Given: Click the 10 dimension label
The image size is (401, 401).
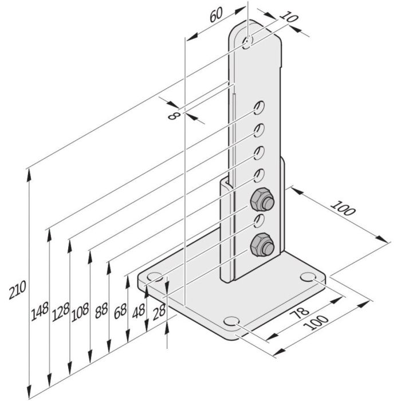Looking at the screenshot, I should [291, 18].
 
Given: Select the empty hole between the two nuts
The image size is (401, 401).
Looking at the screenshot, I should [258, 221].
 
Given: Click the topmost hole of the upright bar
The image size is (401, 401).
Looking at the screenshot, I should [248, 42].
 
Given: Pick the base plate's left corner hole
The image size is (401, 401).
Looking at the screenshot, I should [154, 278].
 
